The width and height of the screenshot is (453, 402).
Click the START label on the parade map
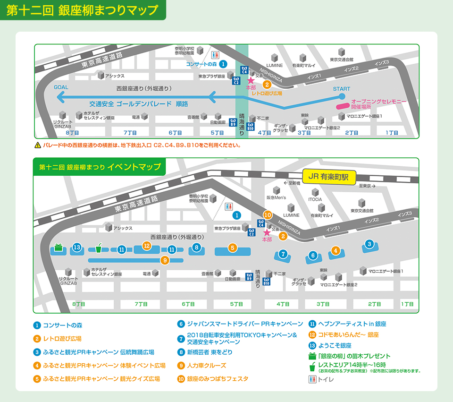(342, 89)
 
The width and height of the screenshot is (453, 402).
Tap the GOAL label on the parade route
(61, 87)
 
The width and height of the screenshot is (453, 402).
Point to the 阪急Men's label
(276, 198)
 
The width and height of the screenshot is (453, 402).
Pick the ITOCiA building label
(315, 199)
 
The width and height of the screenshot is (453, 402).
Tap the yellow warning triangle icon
(38, 145)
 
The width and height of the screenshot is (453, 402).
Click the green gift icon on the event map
(59, 247)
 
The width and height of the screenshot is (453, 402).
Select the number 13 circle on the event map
(77, 247)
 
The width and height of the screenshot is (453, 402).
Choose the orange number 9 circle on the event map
(165, 259)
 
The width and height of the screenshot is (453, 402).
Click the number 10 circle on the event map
(268, 215)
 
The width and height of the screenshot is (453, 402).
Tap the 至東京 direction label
(366, 186)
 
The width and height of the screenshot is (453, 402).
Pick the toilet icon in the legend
(311, 379)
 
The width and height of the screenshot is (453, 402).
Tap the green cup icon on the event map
(99, 247)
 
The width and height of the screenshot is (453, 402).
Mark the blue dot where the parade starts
(342, 97)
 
